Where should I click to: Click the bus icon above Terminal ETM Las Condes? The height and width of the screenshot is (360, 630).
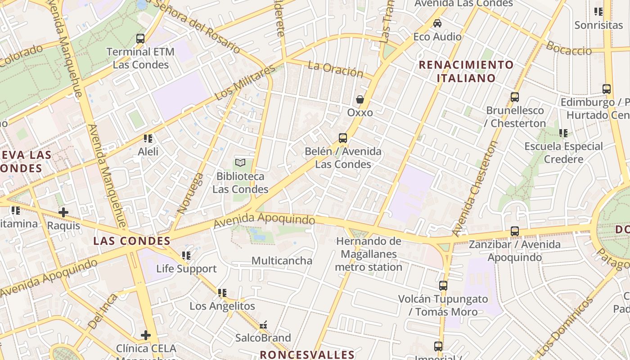pos(140,39)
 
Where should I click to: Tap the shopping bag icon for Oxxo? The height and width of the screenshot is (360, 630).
pos(360,99)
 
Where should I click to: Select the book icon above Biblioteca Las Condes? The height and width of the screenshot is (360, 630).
pos(240,163)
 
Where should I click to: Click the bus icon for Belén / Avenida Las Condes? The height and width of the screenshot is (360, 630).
pos(343,138)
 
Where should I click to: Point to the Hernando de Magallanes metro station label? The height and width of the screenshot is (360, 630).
pos(369,254)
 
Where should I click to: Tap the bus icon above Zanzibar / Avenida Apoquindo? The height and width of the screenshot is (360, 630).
pos(515,231)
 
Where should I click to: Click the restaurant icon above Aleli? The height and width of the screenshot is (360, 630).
pos(148,139)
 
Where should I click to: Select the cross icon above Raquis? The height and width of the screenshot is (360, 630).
pos(63,212)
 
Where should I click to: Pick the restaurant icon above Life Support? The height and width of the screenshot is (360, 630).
pos(186,256)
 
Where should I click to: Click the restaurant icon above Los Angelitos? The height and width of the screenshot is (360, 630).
pos(222,293)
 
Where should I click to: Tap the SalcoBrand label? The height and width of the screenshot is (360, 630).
pos(263,337)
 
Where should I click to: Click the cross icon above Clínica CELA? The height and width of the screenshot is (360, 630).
pos(146,335)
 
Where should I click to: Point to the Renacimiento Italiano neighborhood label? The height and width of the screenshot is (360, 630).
pos(466,71)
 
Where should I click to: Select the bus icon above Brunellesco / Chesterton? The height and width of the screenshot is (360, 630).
pos(515,97)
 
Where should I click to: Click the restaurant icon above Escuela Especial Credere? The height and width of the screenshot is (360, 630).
pos(563,133)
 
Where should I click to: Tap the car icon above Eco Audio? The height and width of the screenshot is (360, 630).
pos(437,23)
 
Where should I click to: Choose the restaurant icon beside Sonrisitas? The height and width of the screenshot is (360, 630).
pos(598,12)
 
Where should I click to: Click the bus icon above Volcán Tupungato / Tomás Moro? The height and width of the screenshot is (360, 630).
pos(443,285)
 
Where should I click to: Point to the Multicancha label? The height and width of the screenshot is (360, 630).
pos(282,261)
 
